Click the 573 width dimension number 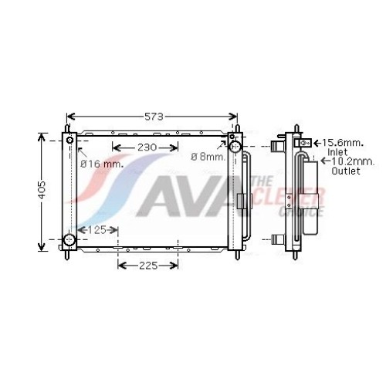(x=154, y=117)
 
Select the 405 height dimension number (x=42, y=190)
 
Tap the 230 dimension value (x=147, y=147)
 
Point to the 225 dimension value (x=148, y=266)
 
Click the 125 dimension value (x=96, y=230)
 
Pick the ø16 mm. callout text (x=102, y=164)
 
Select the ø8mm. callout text (x=208, y=157)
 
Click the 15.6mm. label (x=343, y=143)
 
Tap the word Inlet (x=337, y=152)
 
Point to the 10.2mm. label (x=353, y=161)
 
